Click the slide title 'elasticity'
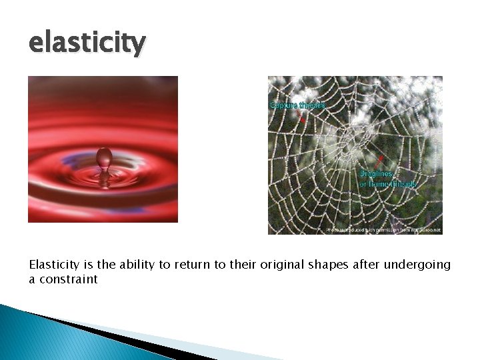[87, 44]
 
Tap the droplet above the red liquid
[104, 158]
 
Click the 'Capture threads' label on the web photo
[297, 105]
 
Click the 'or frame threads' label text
[388, 183]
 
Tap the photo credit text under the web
[383, 229]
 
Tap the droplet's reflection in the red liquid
[104, 179]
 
